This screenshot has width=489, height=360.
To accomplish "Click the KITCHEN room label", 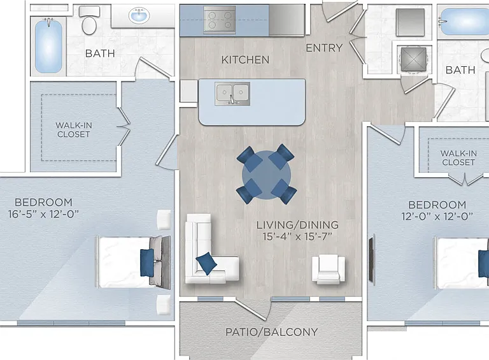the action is tap(245, 60).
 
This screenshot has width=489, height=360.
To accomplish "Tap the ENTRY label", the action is tap(324, 48).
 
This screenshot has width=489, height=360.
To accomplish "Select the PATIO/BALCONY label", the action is tap(271, 332).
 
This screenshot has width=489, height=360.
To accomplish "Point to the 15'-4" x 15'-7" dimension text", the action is tap(297, 236).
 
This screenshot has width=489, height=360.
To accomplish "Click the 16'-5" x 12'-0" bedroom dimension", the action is tap(43, 214).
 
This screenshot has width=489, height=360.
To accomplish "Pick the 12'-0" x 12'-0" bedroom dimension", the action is tap(437, 216).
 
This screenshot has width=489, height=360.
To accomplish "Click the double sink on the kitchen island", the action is tap(232, 94).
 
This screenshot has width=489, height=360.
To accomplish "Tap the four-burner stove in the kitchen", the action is tap(220, 19).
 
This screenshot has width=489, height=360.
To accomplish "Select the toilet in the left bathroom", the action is tap(89, 20).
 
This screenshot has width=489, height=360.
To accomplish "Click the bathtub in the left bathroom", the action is tap(48, 45).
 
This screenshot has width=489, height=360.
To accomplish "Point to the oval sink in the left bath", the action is tap(139, 15).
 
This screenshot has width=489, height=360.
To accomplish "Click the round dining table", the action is tap(266, 175).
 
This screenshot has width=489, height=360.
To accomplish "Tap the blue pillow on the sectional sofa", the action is tap(206, 264).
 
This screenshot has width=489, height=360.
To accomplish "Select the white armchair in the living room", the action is tap(329, 270).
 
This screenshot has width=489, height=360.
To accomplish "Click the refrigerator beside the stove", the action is tap(287, 20).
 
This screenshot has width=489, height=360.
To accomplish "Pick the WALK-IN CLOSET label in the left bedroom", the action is tap(74, 130).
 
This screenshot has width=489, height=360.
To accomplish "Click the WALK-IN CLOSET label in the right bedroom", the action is tap(458, 158).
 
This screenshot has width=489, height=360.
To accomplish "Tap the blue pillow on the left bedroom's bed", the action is tap(147, 263).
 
